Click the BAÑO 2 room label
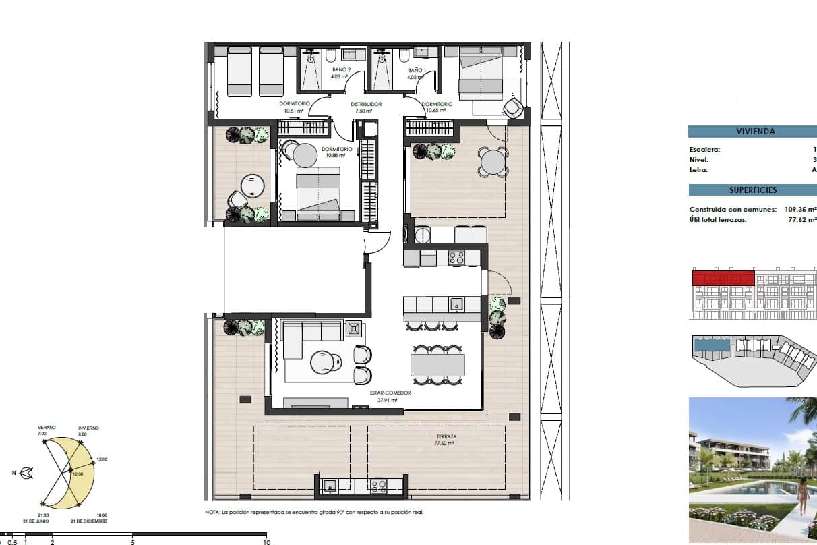341,69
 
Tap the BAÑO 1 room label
417,69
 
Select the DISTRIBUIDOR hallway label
366,104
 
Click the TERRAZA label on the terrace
445,437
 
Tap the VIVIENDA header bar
752,132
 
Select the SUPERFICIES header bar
752,190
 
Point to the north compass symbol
27,473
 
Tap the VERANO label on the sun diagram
47,428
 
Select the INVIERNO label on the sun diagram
88,428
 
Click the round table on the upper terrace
493,162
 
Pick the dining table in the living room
437,365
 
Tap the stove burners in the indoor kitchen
456,257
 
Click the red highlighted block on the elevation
723,277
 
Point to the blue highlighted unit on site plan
712,345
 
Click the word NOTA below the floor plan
212,512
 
